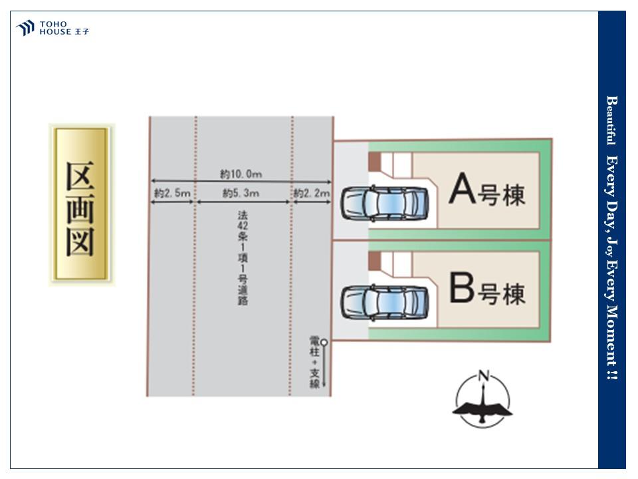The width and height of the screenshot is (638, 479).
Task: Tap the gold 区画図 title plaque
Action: (x=81, y=204)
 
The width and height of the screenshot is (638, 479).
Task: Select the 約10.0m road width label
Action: (x=241, y=174)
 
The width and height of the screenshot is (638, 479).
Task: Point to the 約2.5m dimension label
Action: (x=173, y=194)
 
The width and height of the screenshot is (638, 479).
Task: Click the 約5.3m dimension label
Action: (x=241, y=194)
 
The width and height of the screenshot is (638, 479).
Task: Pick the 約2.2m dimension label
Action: (x=311, y=194)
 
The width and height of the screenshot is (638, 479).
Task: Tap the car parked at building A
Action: (x=385, y=203)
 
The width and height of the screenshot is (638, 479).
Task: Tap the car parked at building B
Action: (x=385, y=301)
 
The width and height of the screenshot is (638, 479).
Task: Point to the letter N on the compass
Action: (x=484, y=377)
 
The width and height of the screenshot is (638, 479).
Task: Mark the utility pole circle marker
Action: (x=324, y=343)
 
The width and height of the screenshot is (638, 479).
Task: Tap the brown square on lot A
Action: (x=374, y=162)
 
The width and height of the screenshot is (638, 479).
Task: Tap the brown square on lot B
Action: (x=374, y=259)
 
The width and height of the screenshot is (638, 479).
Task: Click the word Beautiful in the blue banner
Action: (x=611, y=120)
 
